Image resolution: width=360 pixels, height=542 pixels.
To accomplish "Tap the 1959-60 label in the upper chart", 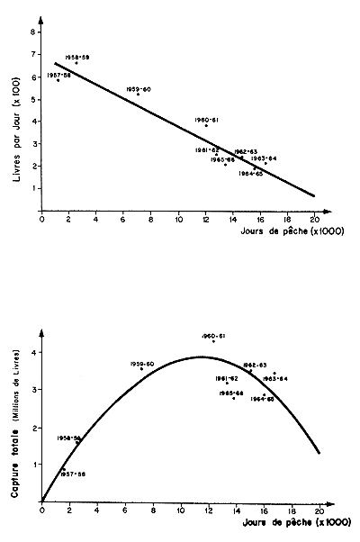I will [x=138, y=89].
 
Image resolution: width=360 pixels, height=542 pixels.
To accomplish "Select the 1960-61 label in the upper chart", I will [x=207, y=119].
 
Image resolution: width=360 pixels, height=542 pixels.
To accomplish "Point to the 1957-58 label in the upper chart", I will [x=59, y=75].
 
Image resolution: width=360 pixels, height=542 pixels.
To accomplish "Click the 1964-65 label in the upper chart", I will [x=251, y=174].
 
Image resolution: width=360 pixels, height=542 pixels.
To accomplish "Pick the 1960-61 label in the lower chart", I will [x=213, y=335].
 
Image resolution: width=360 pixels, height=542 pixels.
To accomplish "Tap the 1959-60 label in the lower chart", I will [x=142, y=363].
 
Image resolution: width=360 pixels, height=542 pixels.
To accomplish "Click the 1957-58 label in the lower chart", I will [x=73, y=474].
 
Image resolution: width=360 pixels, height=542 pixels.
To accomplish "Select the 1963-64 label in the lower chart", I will [x=274, y=378].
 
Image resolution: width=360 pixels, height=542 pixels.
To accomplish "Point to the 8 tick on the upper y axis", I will [x=33, y=32].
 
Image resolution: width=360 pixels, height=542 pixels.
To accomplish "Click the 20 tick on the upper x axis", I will [x=314, y=217].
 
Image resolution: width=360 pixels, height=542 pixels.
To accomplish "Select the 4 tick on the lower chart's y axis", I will [x=33, y=353].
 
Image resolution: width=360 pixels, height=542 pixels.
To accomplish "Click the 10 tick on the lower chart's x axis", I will [x=180, y=510].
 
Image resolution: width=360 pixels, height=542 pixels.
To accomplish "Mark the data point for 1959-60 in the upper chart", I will [x=138, y=95].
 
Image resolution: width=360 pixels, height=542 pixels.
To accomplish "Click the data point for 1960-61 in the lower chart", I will [x=213, y=341].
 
